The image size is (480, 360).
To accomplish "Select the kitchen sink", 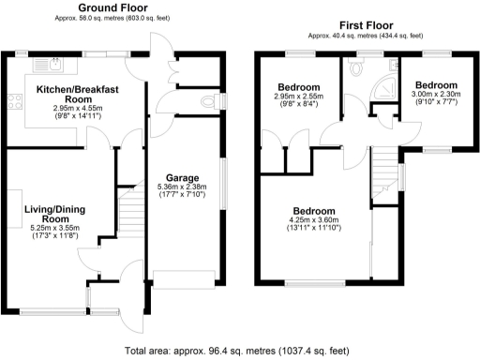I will pos(52,64).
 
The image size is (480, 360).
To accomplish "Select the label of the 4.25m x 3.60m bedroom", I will pos(315,211).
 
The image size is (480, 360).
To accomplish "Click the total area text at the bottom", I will pos(240,352).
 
